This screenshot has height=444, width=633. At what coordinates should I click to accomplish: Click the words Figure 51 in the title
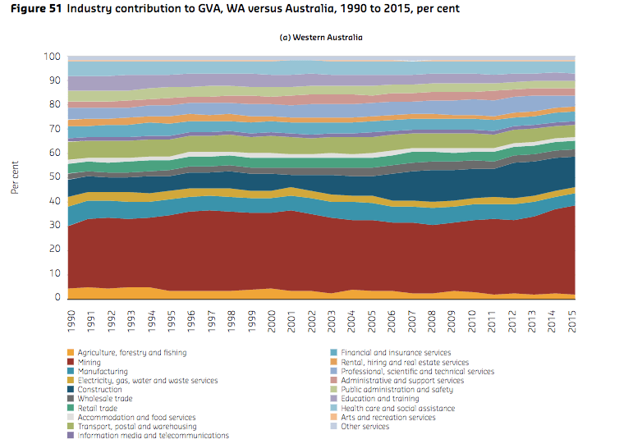(x=36, y=8)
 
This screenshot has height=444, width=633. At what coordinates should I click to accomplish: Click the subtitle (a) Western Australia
(x=321, y=38)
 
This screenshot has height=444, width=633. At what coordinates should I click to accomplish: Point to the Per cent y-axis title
(x=15, y=177)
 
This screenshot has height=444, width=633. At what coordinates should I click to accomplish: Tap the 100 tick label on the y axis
(x=52, y=57)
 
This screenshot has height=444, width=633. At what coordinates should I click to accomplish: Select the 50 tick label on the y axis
(x=54, y=176)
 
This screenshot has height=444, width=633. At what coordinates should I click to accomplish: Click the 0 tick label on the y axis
(x=57, y=297)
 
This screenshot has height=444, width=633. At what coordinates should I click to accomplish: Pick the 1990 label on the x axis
(x=71, y=321)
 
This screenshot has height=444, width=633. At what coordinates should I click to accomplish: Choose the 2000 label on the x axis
(x=271, y=321)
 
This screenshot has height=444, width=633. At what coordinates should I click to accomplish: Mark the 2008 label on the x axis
(x=432, y=321)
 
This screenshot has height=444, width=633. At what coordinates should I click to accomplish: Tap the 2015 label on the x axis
(x=571, y=321)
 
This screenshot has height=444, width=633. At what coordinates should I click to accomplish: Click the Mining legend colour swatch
(x=71, y=362)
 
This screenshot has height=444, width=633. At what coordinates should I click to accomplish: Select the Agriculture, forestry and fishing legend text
(x=132, y=353)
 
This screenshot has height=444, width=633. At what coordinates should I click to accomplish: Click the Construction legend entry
(x=94, y=390)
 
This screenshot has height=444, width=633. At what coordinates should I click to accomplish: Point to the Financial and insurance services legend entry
(x=390, y=353)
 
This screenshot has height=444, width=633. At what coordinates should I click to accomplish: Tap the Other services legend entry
(x=360, y=427)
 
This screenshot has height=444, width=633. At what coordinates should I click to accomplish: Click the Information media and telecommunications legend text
(x=153, y=436)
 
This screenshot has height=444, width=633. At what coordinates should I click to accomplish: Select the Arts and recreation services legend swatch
(x=333, y=418)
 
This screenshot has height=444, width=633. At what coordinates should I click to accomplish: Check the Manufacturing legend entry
(x=98, y=371)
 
